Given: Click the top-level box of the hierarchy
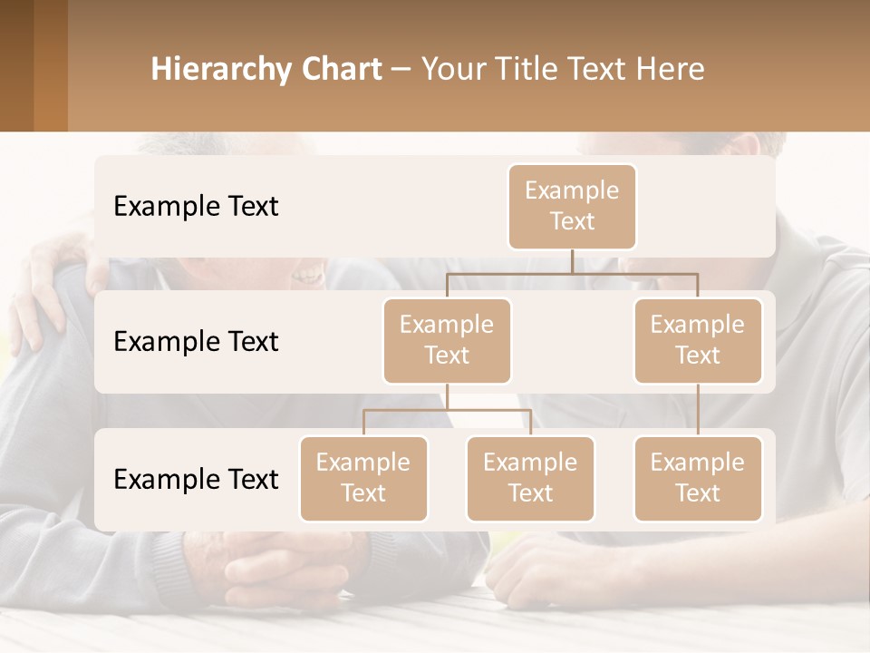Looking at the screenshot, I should [572, 206].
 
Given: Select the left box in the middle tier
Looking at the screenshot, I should [447, 340].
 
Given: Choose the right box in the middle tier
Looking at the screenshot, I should [698, 340].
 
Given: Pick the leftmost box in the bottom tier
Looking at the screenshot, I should [363, 478].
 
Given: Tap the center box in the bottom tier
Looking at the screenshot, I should [530, 478].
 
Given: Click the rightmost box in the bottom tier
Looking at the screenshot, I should [698, 478].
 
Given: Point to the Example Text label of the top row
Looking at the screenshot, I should [196, 206].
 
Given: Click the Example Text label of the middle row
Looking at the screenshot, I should [196, 341].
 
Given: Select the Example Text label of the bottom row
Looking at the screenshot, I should [196, 479].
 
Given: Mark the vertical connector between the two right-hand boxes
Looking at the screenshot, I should [698, 410].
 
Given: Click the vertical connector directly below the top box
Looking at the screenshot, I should [572, 261].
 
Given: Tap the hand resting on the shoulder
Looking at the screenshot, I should [45, 290].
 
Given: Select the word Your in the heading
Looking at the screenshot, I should [453, 69].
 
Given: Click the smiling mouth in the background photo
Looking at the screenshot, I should [308, 273].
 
